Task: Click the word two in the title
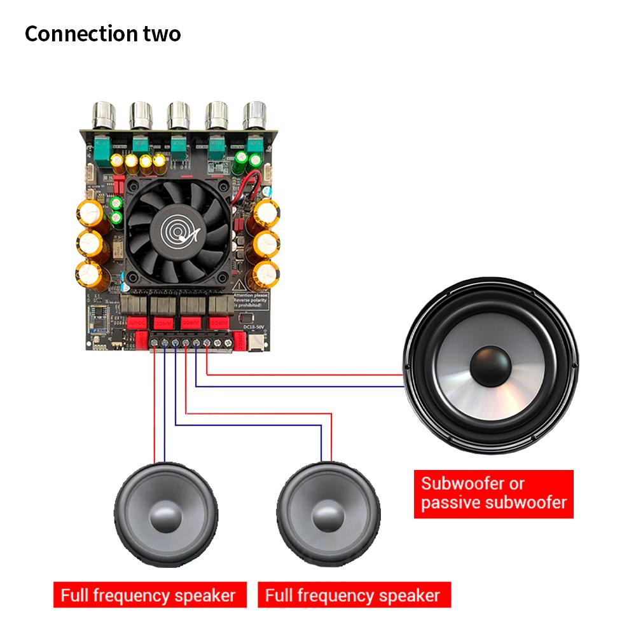pyautogui.click(x=161, y=34)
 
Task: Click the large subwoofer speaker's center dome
pyautogui.click(x=490, y=367)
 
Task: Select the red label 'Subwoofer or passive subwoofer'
pyautogui.click(x=494, y=494)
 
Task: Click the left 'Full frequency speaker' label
pyautogui.click(x=148, y=595)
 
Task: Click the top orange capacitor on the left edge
pyautogui.click(x=90, y=213)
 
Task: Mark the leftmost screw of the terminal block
pyautogui.click(x=156, y=343)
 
